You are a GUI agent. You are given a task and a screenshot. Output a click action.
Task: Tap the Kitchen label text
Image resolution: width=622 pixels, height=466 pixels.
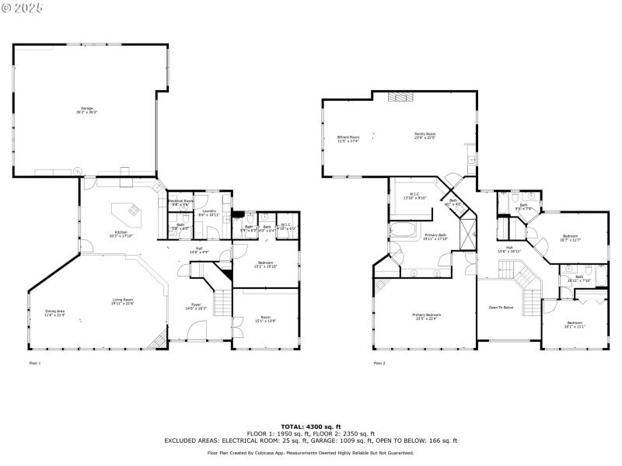point(121,233)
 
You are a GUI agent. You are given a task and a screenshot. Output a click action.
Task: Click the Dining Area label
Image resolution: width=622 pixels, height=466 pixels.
point(54,311)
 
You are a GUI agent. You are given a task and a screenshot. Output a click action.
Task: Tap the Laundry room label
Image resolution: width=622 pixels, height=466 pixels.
point(209,212)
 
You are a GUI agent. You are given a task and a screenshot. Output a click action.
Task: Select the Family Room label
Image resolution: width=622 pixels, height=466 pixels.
point(425,135)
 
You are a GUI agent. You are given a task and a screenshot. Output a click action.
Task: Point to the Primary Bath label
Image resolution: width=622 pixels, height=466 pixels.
point(435,236)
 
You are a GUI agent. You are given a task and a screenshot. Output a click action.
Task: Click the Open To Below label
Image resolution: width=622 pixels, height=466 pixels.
point(501,308)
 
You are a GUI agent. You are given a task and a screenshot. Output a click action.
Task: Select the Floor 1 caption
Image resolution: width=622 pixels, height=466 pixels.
point(34,363)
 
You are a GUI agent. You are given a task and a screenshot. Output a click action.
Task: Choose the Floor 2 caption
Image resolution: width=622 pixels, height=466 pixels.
point(379,363)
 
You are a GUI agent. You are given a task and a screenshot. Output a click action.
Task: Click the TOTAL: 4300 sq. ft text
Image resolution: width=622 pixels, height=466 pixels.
point(311,426)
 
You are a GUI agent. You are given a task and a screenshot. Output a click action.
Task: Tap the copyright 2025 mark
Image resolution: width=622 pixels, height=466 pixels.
point(23,7)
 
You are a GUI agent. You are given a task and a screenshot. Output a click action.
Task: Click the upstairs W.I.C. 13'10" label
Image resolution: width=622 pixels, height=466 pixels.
point(414,197)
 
